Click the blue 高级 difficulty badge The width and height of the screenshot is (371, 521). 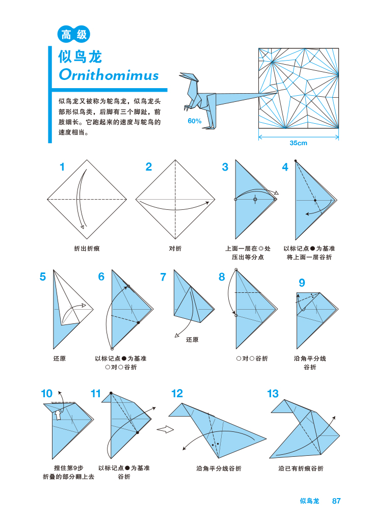[x=74, y=35]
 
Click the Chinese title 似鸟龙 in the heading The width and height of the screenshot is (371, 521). [x=81, y=57]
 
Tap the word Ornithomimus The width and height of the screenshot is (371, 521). [x=109, y=75]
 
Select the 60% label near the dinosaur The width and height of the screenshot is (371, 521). [x=195, y=121]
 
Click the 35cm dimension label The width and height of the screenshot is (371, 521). [x=298, y=143]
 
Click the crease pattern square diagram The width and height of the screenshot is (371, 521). [x=299, y=89]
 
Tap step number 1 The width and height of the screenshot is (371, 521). [x=62, y=167]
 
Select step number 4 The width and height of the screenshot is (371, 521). [x=285, y=167]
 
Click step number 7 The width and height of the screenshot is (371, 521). [x=163, y=278]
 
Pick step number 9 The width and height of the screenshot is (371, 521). [x=302, y=283]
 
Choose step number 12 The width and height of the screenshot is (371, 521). [x=177, y=394]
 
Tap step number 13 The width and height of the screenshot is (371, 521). [x=273, y=394]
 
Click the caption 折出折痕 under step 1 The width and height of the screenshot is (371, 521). [x=87, y=249]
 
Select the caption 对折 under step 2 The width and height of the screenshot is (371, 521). [x=175, y=249]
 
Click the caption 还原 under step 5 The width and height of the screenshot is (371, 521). [x=60, y=359]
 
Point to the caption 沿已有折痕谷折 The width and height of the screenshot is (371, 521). [x=301, y=469]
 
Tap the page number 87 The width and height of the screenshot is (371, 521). [x=336, y=501]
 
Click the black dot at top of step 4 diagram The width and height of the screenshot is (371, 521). [x=296, y=161]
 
